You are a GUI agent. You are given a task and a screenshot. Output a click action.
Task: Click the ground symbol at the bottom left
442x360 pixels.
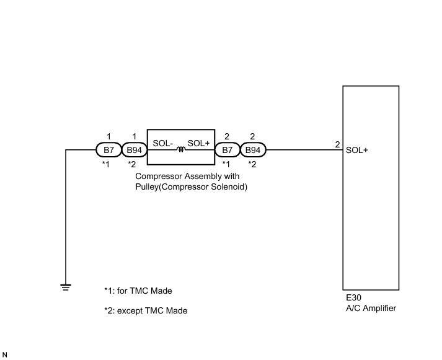click(x=65, y=286)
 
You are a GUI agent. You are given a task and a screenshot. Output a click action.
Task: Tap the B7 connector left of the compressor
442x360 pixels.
click(x=108, y=150)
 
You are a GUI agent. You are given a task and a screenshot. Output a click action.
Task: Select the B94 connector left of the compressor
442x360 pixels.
click(x=133, y=150)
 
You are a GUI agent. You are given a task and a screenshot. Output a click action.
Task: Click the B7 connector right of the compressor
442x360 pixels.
click(x=227, y=150)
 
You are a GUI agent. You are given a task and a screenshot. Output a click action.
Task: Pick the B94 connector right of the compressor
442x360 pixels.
click(x=252, y=150)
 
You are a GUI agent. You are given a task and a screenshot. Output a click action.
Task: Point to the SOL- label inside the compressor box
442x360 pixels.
click(x=162, y=143)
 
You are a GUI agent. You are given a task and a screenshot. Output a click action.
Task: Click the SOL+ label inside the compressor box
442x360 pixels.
click(x=198, y=143)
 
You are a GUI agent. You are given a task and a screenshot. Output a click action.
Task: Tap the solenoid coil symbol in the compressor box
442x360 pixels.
click(x=181, y=149)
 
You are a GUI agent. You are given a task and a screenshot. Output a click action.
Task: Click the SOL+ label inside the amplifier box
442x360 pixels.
click(x=357, y=149)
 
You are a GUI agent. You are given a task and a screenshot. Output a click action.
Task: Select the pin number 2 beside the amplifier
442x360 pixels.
click(x=337, y=145)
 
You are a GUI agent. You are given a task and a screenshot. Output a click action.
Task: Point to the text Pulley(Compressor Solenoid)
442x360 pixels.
click(x=192, y=187)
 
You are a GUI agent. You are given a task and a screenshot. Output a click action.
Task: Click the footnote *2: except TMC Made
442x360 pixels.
click(x=146, y=311)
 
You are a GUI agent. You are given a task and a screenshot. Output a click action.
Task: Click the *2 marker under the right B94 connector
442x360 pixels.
click(x=252, y=164)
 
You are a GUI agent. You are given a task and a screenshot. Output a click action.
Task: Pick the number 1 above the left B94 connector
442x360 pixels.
click(x=133, y=136)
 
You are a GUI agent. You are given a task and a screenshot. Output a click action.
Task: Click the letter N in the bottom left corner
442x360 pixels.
click(x=5, y=354)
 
